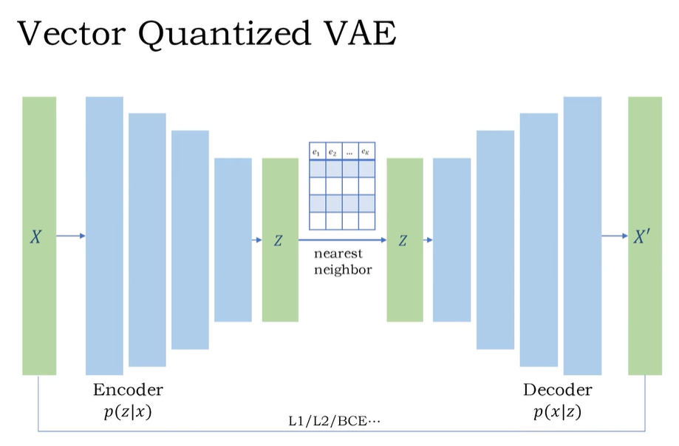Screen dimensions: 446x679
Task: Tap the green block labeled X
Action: pyautogui.click(x=39, y=236)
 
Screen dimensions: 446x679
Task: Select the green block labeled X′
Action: pyautogui.click(x=644, y=236)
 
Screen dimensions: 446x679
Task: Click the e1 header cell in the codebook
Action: pyautogui.click(x=317, y=151)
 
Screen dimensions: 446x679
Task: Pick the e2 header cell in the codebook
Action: pyautogui.click(x=333, y=151)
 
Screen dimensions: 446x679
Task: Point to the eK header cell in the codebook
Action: pyautogui.click(x=367, y=151)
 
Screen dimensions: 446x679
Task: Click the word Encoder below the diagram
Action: pyautogui.click(x=128, y=390)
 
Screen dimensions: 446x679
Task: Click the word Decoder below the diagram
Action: pyautogui.click(x=557, y=390)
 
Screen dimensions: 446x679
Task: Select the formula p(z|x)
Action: pyautogui.click(x=128, y=412)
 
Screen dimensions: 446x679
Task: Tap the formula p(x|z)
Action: pyautogui.click(x=557, y=412)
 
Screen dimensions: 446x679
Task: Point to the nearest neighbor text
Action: pyautogui.click(x=343, y=261)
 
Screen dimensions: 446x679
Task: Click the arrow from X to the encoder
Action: pyautogui.click(x=71, y=236)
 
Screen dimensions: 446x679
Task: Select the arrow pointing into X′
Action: pyautogui.click(x=614, y=236)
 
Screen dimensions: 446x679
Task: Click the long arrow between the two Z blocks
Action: pyautogui.click(x=342, y=240)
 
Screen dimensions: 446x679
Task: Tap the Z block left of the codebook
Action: pyautogui.click(x=280, y=240)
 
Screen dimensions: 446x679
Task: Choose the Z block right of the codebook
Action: pyautogui.click(x=404, y=240)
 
